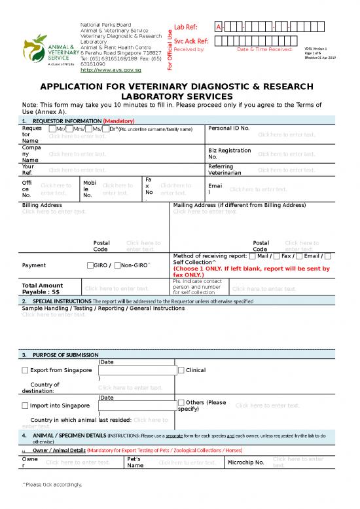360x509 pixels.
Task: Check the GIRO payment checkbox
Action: [90, 265]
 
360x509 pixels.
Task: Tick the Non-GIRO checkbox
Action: [116, 265]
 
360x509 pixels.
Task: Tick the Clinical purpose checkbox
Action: [181, 370]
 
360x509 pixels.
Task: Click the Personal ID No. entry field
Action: [286, 135]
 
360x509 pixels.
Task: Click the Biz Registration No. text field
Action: [286, 153]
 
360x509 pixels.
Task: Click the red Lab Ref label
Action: [186, 27]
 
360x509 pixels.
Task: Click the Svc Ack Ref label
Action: [191, 41]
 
